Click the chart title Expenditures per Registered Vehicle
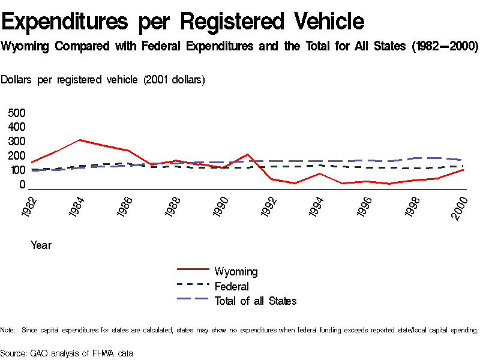pos(183,22)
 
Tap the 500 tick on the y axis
pos(17,113)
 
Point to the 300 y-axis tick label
pos(17,142)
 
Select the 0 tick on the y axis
pos(22,185)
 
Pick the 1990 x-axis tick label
pos(222,207)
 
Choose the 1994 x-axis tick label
pos(319,207)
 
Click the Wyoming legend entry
pos(236,272)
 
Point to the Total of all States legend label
pos(255,301)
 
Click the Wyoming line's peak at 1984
pos(80,140)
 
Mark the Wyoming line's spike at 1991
pos(247,154)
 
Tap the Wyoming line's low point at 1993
pos(295,183)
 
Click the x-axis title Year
pos(41,245)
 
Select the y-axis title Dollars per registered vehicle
pos(103,80)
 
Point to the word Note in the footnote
pos(7,330)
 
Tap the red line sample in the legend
pos(193,272)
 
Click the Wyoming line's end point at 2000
pos(462,170)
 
